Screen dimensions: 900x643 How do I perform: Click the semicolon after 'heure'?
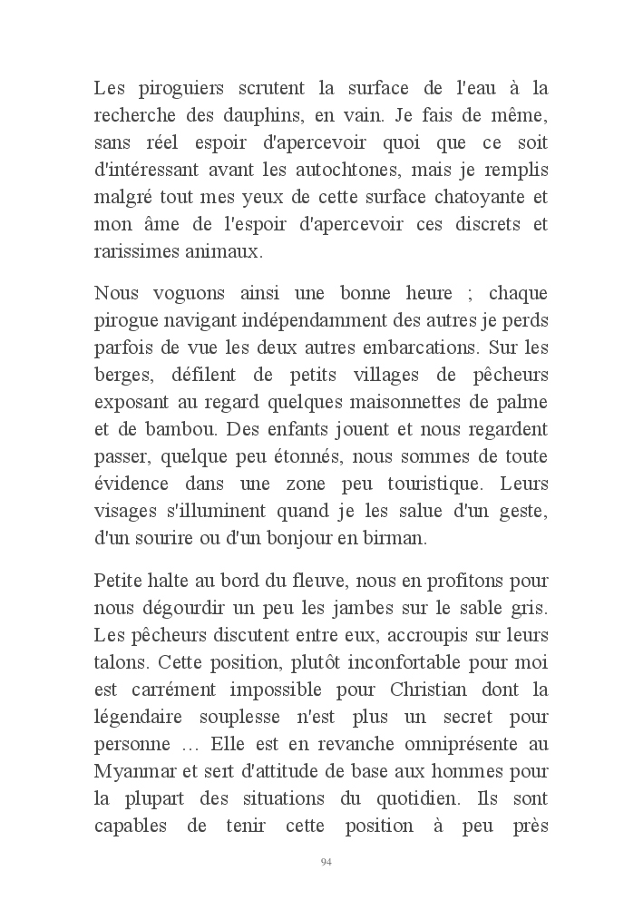tap(465, 294)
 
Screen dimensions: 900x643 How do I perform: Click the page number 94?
tap(326, 862)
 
